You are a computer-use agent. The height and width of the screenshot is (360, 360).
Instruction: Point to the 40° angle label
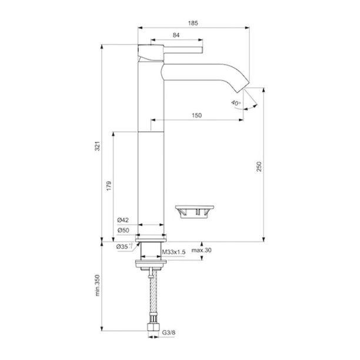coord(236,102)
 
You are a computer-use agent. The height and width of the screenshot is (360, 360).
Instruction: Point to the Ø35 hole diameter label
coord(124,245)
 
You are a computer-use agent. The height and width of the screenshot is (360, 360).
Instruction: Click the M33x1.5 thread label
coord(174,252)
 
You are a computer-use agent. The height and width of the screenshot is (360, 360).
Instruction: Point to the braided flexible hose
coord(152,294)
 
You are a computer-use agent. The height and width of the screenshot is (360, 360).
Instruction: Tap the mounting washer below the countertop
coord(152,262)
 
